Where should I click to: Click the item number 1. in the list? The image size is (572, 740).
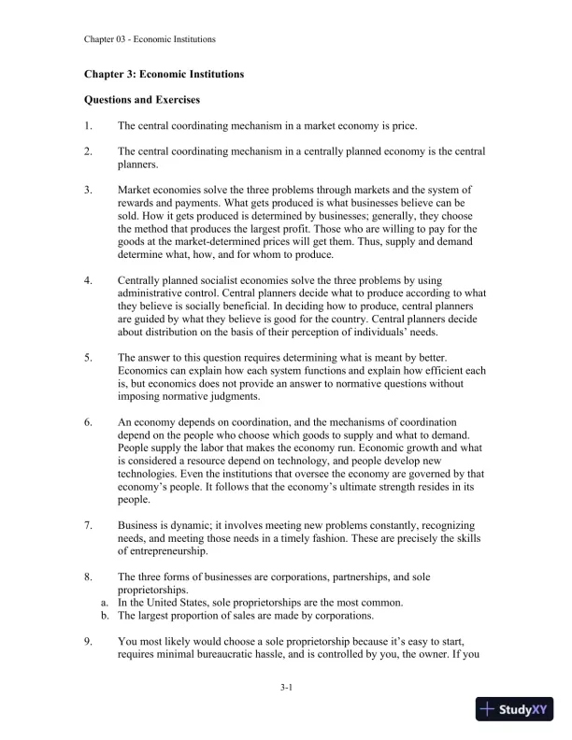88,125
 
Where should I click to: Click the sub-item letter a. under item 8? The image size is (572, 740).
105,603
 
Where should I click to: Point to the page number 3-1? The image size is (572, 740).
286,687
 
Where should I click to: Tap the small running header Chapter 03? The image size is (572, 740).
109,39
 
